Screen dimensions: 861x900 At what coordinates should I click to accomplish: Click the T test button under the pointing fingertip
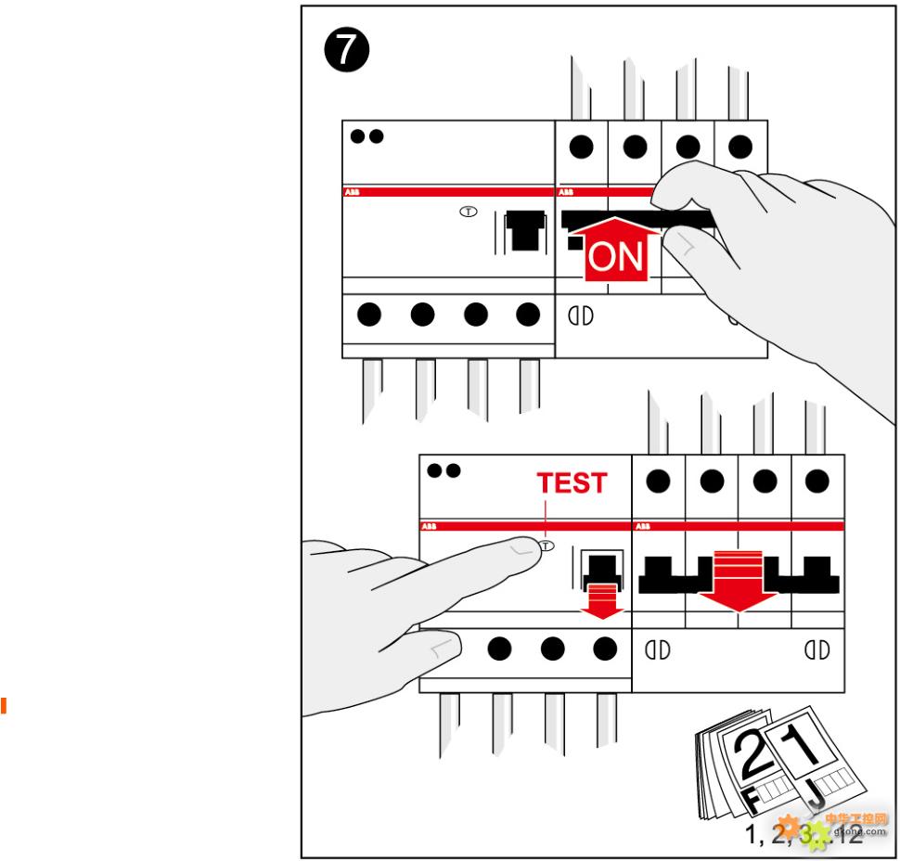[546, 546]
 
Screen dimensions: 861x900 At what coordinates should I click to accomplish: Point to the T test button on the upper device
[469, 212]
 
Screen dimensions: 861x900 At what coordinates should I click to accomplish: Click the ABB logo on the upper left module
[353, 193]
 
